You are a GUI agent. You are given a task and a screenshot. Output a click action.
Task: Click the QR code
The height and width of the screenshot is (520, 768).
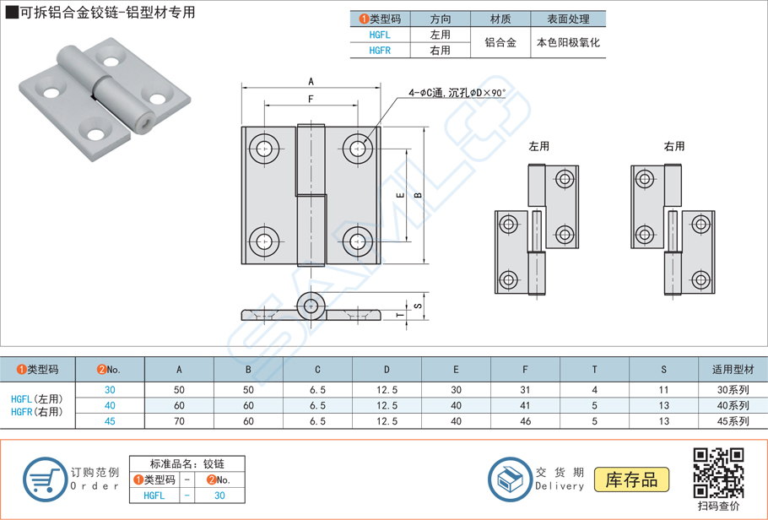click(x=718, y=473)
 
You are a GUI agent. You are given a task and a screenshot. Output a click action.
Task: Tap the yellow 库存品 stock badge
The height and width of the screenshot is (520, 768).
click(x=632, y=480)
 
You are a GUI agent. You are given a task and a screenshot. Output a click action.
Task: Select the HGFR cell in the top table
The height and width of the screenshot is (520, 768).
click(x=380, y=51)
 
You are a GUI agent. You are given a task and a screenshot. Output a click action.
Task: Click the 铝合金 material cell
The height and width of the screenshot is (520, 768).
click(x=500, y=42)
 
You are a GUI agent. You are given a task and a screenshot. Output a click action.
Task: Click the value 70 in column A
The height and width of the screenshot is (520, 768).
click(x=179, y=421)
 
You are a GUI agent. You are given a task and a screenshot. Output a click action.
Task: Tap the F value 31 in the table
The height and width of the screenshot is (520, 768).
click(x=525, y=390)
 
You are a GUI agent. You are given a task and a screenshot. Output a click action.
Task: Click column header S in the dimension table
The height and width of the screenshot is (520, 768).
click(x=663, y=369)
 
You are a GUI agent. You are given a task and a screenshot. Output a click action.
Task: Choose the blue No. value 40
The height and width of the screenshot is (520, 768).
click(x=110, y=406)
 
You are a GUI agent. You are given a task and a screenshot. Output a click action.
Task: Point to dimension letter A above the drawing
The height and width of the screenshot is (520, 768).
click(x=311, y=82)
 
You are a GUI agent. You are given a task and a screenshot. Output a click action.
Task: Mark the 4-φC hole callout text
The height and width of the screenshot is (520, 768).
click(x=457, y=92)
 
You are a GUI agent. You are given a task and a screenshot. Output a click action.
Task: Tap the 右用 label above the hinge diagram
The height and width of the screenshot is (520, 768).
click(x=674, y=147)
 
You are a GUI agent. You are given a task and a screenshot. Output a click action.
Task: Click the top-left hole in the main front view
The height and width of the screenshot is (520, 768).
click(x=266, y=149)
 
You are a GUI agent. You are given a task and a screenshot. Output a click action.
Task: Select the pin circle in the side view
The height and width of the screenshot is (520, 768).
click(x=312, y=306)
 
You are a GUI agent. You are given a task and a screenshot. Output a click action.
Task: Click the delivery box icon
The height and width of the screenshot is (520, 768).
click(x=509, y=479)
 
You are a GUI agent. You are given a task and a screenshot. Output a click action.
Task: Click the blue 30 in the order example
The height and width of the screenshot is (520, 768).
click(x=219, y=496)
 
